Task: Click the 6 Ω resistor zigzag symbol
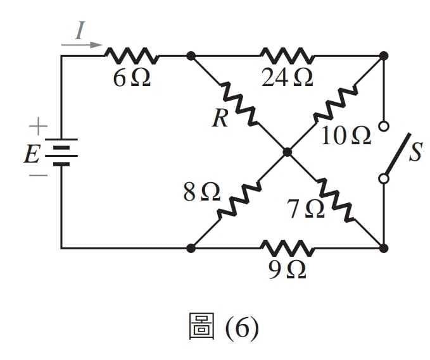tap(132, 56)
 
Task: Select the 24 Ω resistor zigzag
tap(287, 56)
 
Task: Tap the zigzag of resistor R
tap(239, 104)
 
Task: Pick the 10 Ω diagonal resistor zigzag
tap(335, 104)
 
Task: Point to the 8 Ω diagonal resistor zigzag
tap(239, 200)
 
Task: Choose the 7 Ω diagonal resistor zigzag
tap(335, 200)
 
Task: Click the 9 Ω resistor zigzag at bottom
tap(287, 248)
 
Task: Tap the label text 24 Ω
tap(287, 78)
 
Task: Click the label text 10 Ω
tap(346, 135)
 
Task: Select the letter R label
tap(220, 118)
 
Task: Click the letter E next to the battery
tap(31, 154)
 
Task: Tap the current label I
tap(80, 30)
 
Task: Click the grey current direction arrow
tap(82, 45)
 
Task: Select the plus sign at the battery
tap(38, 126)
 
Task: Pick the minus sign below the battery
tap(38, 175)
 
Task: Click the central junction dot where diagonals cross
tap(287, 152)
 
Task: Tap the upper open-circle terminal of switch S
tap(384, 127)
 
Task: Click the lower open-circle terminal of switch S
tap(384, 178)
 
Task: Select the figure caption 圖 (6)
tap(224, 326)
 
